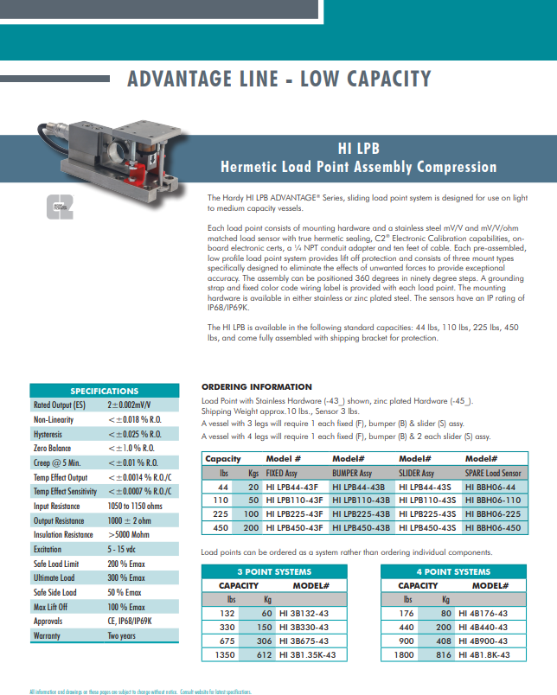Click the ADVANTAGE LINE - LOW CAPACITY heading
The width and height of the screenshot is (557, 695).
pyautogui.click(x=278, y=80)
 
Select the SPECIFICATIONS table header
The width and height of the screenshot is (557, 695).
pyautogui.click(x=104, y=391)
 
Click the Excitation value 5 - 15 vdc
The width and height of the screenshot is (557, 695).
pyautogui.click(x=121, y=549)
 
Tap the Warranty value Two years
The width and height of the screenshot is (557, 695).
pyautogui.click(x=121, y=636)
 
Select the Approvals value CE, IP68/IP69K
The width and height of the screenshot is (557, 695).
pyautogui.click(x=130, y=622)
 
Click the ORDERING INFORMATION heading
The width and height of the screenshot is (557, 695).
pyautogui.click(x=256, y=386)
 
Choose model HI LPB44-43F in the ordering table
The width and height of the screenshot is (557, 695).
pyautogui.click(x=294, y=488)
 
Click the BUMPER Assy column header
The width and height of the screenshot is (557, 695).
pyautogui.click(x=352, y=474)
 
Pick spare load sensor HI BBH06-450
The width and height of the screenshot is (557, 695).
pyautogui.click(x=494, y=527)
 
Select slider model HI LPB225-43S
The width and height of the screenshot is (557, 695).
pyautogui.click(x=427, y=514)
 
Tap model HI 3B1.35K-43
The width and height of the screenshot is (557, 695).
pyautogui.click(x=307, y=655)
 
